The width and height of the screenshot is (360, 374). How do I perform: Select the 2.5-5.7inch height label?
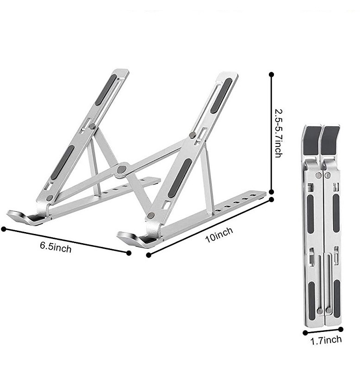point(278,133)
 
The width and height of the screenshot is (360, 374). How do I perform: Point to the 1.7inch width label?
point(326,341)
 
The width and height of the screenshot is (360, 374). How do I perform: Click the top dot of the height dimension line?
point(272,74)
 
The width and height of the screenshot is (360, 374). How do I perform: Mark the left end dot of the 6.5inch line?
point(4,228)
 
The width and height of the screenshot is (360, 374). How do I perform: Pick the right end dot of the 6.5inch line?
point(129,252)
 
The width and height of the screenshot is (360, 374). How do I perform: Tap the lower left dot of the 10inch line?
point(149,255)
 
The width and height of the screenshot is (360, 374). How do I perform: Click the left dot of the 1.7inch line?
point(305,332)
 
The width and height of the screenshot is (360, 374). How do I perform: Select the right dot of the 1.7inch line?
point(341,329)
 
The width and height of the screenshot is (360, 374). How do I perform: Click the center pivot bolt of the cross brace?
point(121,169)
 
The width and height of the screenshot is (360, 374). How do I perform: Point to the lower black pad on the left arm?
point(62,162)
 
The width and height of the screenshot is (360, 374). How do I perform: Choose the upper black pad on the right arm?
point(221,96)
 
